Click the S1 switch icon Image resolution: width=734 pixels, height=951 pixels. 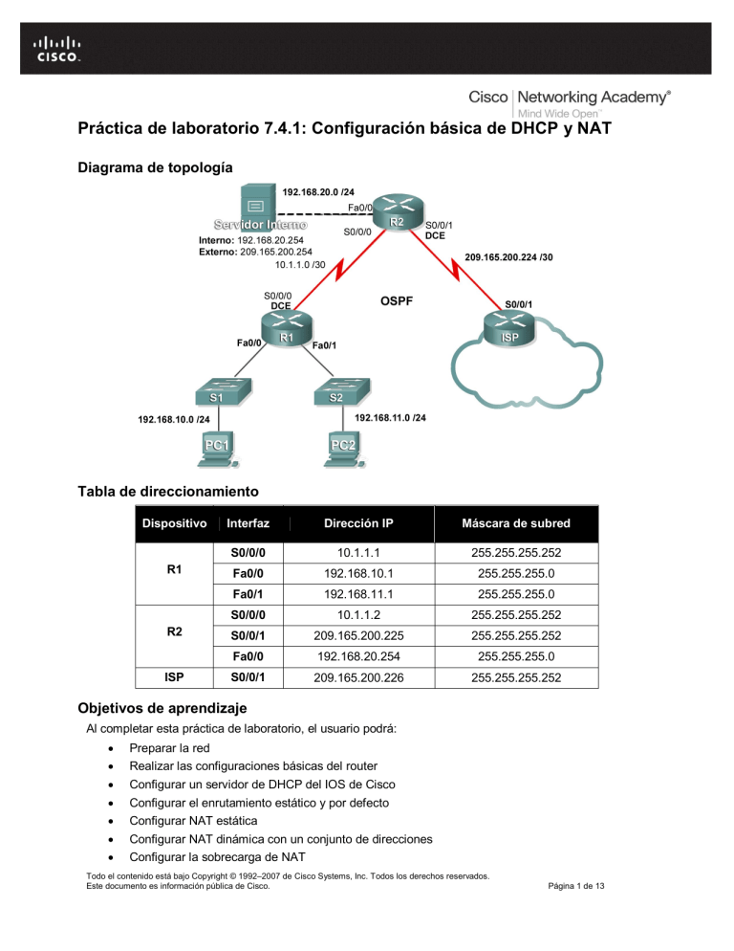218,392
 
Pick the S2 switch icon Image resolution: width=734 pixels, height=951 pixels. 336,392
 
